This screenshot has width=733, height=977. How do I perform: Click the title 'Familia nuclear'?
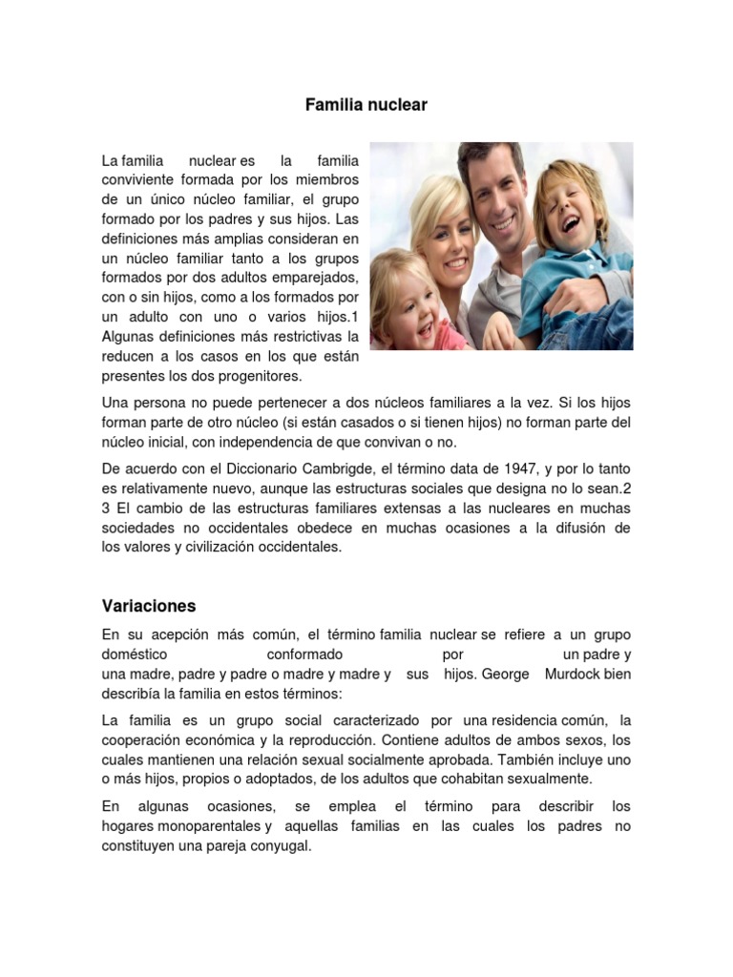point(366,105)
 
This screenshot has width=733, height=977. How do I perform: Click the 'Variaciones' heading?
point(148,606)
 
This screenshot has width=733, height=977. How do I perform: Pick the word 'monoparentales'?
point(210,826)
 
